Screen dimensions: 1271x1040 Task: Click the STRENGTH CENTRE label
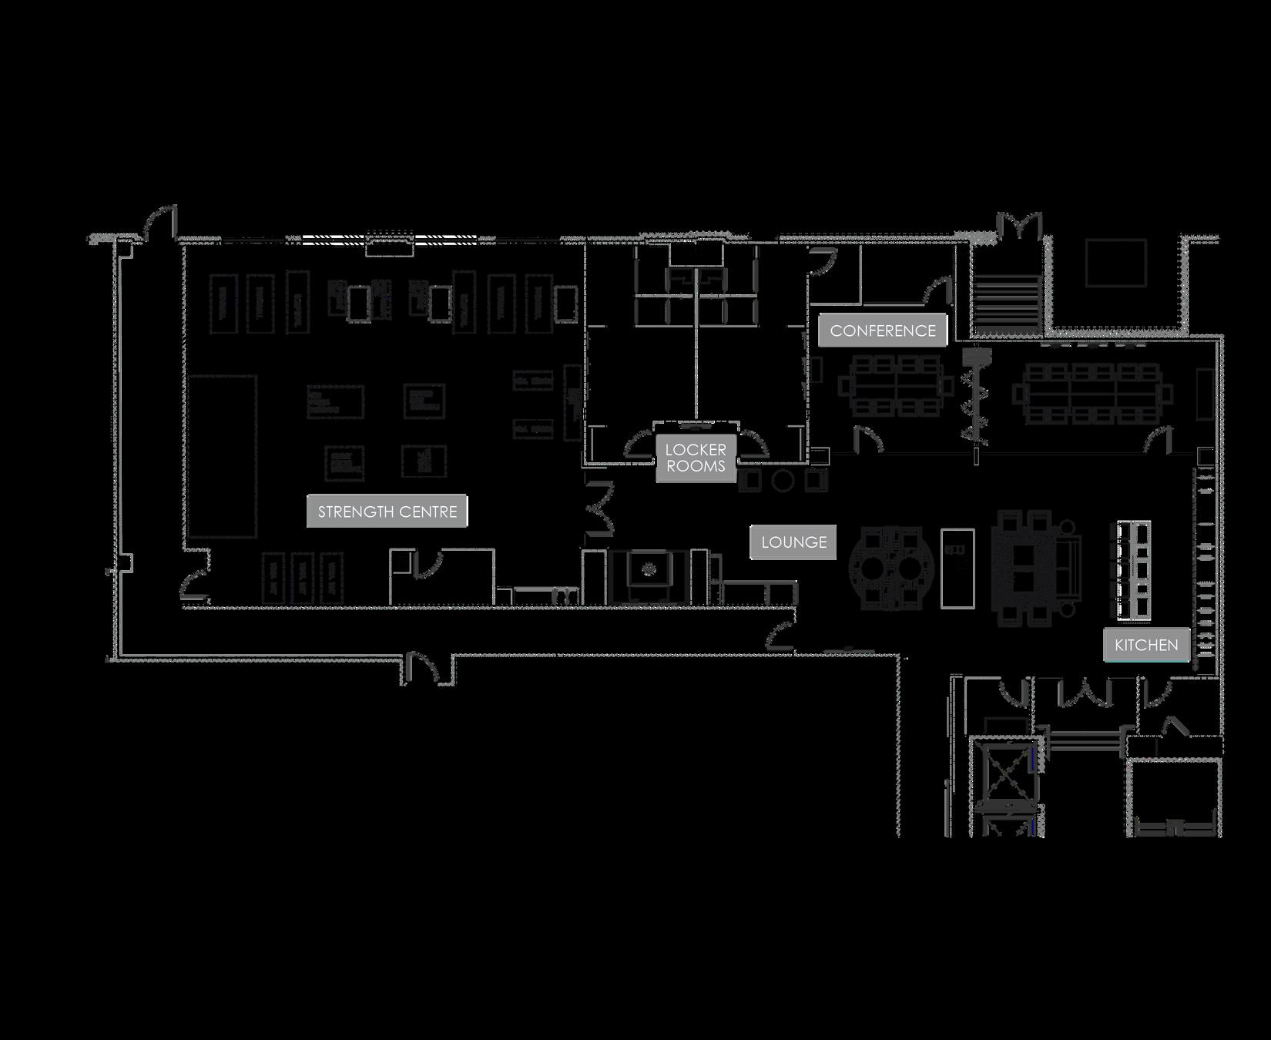click(387, 512)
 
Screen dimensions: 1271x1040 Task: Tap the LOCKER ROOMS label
click(696, 458)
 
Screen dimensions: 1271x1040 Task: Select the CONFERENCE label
click(883, 330)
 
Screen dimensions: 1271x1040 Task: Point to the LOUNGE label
click(793, 542)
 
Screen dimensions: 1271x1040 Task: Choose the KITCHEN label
click(1146, 645)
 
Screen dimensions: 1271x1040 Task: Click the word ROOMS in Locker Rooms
click(696, 467)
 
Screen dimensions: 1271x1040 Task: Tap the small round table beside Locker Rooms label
click(783, 481)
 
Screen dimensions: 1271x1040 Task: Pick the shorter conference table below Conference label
click(890, 384)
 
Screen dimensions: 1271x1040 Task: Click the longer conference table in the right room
click(1094, 394)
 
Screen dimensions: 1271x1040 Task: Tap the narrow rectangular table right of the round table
click(957, 568)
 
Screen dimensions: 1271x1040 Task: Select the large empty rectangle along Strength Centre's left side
click(220, 456)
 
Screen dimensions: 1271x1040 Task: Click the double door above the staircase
click(1019, 224)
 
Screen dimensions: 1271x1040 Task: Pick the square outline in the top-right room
click(1115, 263)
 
